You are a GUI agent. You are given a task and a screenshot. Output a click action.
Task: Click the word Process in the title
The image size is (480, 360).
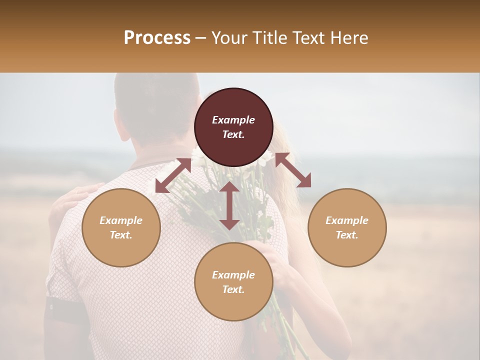pos(157,38)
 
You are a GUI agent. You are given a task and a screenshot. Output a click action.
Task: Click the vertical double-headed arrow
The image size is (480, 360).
pos(229,205)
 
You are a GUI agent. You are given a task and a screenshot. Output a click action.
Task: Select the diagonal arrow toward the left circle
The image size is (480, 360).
pos(173,175)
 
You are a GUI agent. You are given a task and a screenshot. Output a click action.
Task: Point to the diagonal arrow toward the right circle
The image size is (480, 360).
pos(293,170)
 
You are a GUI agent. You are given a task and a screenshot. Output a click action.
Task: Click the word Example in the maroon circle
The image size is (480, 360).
pos(233,120)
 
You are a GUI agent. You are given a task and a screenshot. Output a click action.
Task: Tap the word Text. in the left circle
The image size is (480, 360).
pos(121,235)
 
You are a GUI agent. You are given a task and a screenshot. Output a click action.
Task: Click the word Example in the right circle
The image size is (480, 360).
pos(347,220)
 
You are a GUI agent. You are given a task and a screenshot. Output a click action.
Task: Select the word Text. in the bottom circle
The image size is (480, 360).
pos(233,289)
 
